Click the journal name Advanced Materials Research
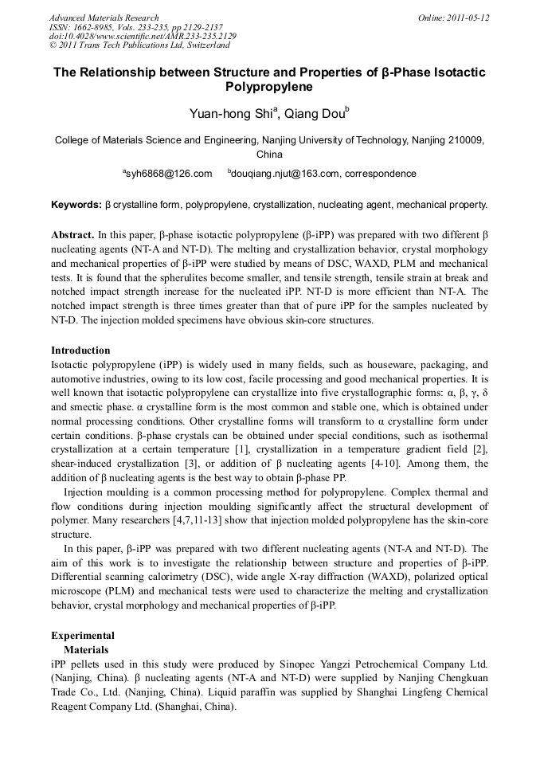tap(104, 18)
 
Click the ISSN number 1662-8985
tap(94, 27)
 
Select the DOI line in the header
tap(143, 37)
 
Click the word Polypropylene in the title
tap(269, 87)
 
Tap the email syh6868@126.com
tap(169, 174)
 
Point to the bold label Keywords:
tap(76, 205)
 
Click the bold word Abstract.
tap(72, 236)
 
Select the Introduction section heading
tap(80, 351)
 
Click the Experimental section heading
tap(83, 636)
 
